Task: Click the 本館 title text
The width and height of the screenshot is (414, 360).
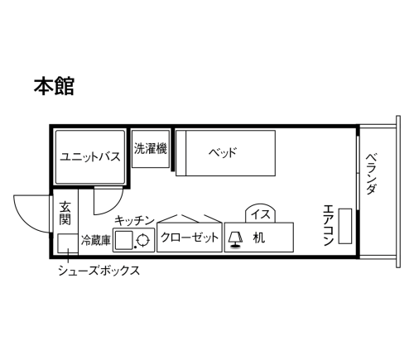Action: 54,86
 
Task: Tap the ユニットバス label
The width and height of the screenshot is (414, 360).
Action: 90,156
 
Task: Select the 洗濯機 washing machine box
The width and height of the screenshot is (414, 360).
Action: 151,149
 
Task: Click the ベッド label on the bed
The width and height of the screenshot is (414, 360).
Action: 223,152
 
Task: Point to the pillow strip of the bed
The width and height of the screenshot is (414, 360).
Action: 181,153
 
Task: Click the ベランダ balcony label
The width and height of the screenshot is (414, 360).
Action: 372,174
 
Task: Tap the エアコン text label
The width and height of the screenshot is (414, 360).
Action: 329,225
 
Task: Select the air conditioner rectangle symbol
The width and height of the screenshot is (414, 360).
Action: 345,226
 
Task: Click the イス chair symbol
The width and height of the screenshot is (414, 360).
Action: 261,213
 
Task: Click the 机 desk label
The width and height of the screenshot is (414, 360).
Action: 259,238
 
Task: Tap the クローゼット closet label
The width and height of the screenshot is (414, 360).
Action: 190,238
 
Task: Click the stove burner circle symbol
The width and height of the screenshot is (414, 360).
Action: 142,240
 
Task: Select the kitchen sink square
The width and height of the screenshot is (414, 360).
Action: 124,240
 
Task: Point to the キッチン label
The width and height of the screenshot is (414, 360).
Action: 134,221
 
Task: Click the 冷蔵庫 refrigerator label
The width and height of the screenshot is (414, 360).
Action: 96,240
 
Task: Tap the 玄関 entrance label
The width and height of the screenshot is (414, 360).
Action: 65,213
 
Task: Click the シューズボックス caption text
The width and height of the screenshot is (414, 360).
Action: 99,271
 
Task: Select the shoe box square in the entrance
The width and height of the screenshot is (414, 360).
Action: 68,244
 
